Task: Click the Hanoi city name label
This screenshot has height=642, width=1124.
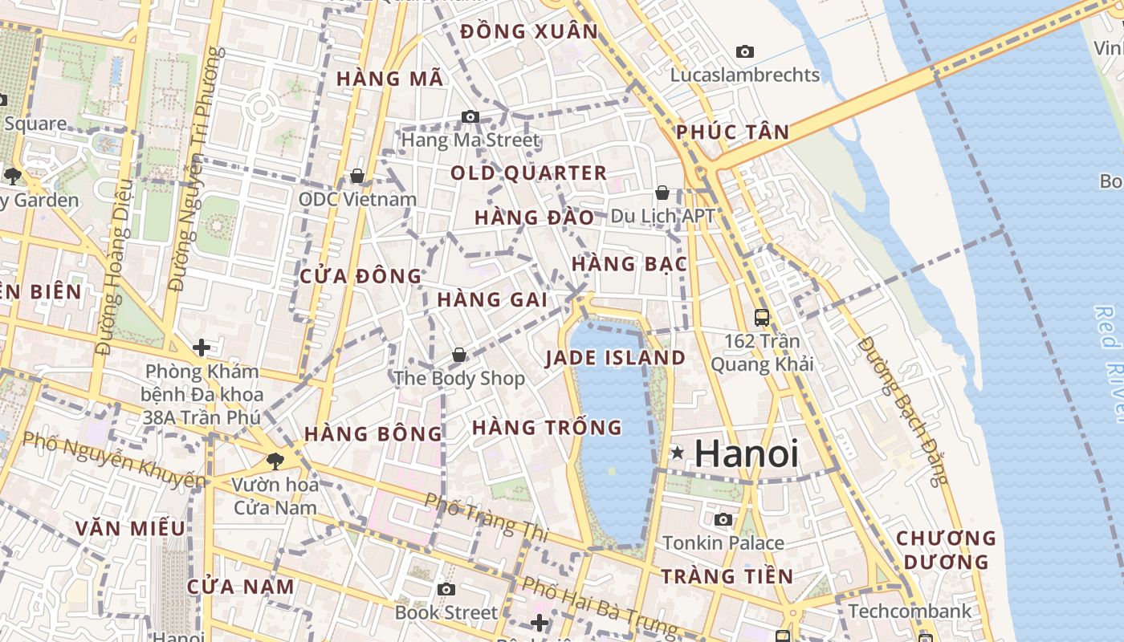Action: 746,454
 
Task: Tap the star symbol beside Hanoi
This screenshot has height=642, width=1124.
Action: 678,453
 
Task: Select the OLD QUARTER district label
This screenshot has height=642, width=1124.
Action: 528,173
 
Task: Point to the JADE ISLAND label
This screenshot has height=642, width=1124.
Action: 616,358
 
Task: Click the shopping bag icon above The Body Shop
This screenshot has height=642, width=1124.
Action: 459,355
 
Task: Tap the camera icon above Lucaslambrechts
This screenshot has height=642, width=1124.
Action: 745,52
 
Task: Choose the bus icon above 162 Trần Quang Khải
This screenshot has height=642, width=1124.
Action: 762,318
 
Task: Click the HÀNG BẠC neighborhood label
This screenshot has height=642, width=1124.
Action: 629,264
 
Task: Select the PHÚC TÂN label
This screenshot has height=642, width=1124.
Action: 732,132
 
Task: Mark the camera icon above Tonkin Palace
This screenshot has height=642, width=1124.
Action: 723,520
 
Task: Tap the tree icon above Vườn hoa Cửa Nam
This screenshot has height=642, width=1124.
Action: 275,461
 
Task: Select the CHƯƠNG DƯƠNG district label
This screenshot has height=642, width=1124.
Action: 946,550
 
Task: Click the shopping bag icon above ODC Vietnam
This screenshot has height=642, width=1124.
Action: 357,176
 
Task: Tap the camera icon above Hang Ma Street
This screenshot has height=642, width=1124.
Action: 470,117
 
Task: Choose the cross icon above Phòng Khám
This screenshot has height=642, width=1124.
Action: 202,347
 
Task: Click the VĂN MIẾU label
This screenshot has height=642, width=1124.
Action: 130,529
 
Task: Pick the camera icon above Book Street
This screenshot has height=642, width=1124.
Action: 446,590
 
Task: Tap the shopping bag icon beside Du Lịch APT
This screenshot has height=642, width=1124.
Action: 662,193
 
